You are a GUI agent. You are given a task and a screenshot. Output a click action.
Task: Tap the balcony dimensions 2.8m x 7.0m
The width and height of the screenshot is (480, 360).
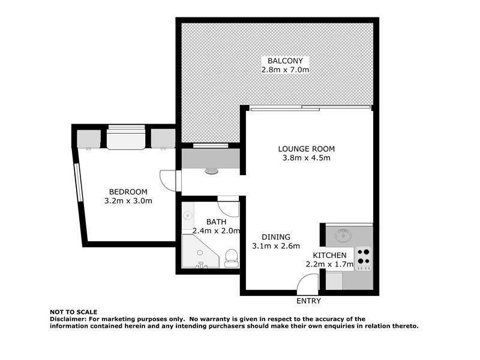[286, 70]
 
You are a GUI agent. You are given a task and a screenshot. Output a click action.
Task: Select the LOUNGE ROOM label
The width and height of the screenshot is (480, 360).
[306, 149]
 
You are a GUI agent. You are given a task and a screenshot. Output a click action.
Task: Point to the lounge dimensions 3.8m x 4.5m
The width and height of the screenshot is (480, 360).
[306, 158]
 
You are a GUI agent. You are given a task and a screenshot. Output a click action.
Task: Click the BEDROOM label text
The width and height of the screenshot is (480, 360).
[128, 191]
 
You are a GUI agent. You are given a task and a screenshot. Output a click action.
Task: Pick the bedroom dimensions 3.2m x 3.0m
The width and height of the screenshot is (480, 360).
[128, 201]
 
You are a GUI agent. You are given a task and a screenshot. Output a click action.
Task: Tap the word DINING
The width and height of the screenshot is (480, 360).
[276, 236]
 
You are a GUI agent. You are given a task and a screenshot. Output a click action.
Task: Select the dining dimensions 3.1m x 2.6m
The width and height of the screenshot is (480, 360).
[276, 245]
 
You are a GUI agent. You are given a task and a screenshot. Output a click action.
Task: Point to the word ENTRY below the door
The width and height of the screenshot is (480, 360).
[308, 301]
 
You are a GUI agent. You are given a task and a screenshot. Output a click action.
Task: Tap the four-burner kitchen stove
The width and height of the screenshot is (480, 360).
[363, 256]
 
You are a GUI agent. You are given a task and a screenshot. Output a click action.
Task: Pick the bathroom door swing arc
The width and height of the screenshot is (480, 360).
[227, 207]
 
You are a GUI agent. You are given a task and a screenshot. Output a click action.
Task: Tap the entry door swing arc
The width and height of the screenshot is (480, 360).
[308, 283]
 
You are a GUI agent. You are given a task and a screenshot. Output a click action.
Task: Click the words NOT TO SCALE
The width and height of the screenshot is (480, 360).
[73, 312]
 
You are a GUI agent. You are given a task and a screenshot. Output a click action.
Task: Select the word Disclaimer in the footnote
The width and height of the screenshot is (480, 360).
[69, 319]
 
